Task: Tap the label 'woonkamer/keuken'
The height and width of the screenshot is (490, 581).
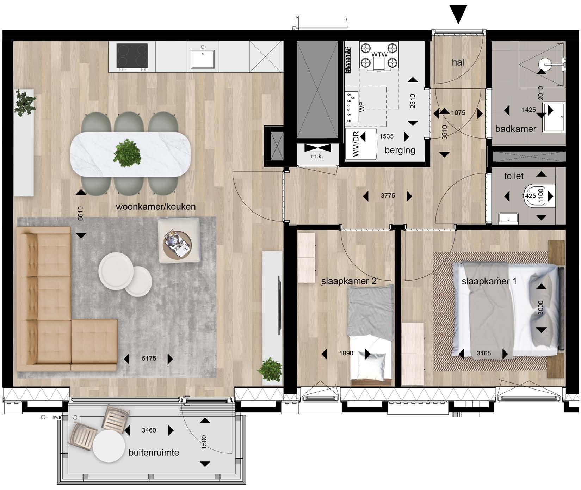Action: point(156,207)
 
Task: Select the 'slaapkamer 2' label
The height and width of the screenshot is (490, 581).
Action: point(349,281)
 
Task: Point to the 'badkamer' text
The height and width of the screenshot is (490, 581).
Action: point(515,129)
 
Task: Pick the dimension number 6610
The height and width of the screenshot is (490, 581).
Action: point(80,214)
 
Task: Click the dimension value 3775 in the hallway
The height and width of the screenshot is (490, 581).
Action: point(388,196)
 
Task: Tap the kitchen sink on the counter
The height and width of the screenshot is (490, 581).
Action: point(203,59)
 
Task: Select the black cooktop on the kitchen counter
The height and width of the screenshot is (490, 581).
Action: point(132,56)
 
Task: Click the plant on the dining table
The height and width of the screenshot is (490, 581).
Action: point(127,153)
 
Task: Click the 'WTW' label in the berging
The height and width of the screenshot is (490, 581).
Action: point(379,55)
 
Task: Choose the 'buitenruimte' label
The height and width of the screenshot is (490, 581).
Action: point(154,453)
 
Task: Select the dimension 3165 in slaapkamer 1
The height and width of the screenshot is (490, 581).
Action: point(483,353)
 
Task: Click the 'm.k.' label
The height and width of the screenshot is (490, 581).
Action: point(317,156)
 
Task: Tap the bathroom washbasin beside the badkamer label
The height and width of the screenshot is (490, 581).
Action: point(554,117)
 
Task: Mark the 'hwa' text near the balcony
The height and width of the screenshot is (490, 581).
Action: point(57,417)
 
